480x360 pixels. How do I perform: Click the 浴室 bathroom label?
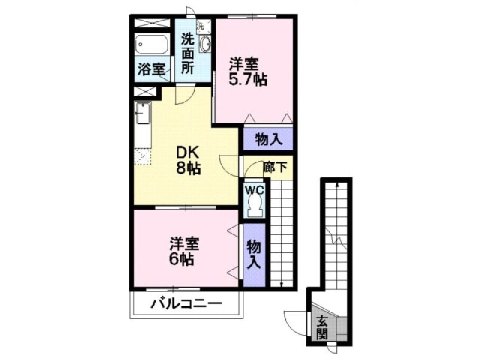[151, 69]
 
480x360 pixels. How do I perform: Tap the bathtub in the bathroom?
[151, 44]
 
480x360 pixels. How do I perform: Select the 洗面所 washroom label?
[187, 53]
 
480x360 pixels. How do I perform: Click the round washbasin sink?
[205, 43]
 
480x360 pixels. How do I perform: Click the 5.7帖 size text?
[248, 79]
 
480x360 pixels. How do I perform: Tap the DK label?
[187, 152]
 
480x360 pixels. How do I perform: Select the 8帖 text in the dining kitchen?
[188, 167]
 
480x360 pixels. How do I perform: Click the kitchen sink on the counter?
[143, 112]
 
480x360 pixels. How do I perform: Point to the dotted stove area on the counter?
[143, 157]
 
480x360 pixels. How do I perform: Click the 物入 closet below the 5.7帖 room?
[268, 139]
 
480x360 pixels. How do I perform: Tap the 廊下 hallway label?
[275, 167]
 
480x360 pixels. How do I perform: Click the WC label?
[255, 190]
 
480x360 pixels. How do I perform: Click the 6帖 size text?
[181, 260]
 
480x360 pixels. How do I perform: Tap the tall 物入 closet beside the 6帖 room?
[254, 255]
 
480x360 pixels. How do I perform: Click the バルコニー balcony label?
[187, 304]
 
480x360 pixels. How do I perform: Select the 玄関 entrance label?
[322, 328]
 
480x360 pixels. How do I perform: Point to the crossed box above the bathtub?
[152, 23]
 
